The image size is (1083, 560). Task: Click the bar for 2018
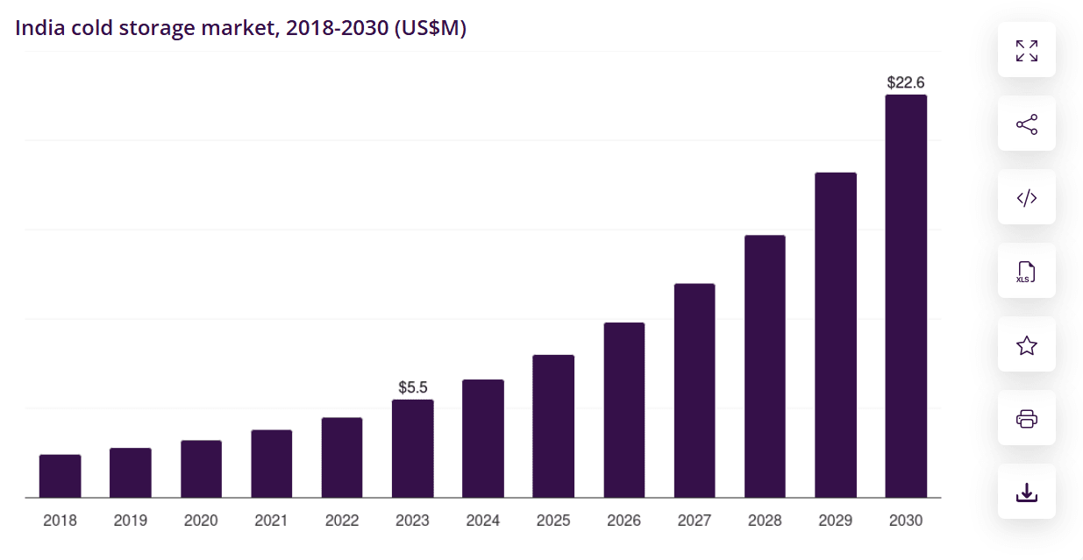coord(60,476)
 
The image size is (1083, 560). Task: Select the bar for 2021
coord(271,464)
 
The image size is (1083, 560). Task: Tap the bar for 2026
coord(623,410)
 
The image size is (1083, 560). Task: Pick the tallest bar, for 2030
coord(905,296)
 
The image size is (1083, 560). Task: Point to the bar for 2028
coord(765,366)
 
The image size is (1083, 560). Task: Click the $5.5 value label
coord(412,386)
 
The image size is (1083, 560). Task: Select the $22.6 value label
coord(905,82)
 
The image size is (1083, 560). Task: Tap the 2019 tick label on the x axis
coord(131,521)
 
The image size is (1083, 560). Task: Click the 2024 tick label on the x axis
coord(482,521)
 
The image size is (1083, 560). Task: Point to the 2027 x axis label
coord(694,521)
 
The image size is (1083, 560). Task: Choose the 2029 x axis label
coord(835,521)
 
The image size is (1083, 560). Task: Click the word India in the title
coord(39,28)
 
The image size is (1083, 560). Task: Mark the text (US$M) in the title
coord(430,28)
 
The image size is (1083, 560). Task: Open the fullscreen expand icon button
coord(1026,50)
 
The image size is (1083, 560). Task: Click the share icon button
coord(1026,124)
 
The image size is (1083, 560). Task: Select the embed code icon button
coord(1026,197)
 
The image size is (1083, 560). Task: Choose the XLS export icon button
coord(1026,271)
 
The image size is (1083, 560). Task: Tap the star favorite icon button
coord(1026,344)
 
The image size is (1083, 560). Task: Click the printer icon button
coord(1026,418)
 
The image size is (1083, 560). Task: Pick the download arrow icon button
coord(1026,492)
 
